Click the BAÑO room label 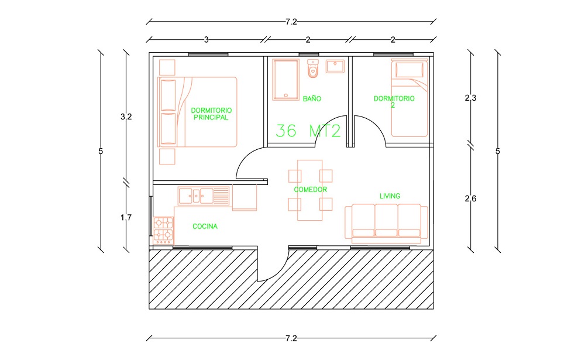coord(312,98)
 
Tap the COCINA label coord(205,227)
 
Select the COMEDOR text coord(310,190)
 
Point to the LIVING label coord(390,196)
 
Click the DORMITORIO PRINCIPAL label coord(211,114)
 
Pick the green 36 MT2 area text coord(308,131)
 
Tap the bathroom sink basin coord(335,66)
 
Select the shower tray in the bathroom coord(286,80)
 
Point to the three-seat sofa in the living coord(386,221)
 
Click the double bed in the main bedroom coord(197,112)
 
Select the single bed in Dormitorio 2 coord(409,98)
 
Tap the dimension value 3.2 coord(126,117)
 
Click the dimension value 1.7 coord(126,217)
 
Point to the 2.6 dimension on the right coord(470,198)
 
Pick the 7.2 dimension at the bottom coord(291,338)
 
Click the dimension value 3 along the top coord(207,40)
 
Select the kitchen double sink coord(204,196)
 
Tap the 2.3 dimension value coord(470,98)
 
